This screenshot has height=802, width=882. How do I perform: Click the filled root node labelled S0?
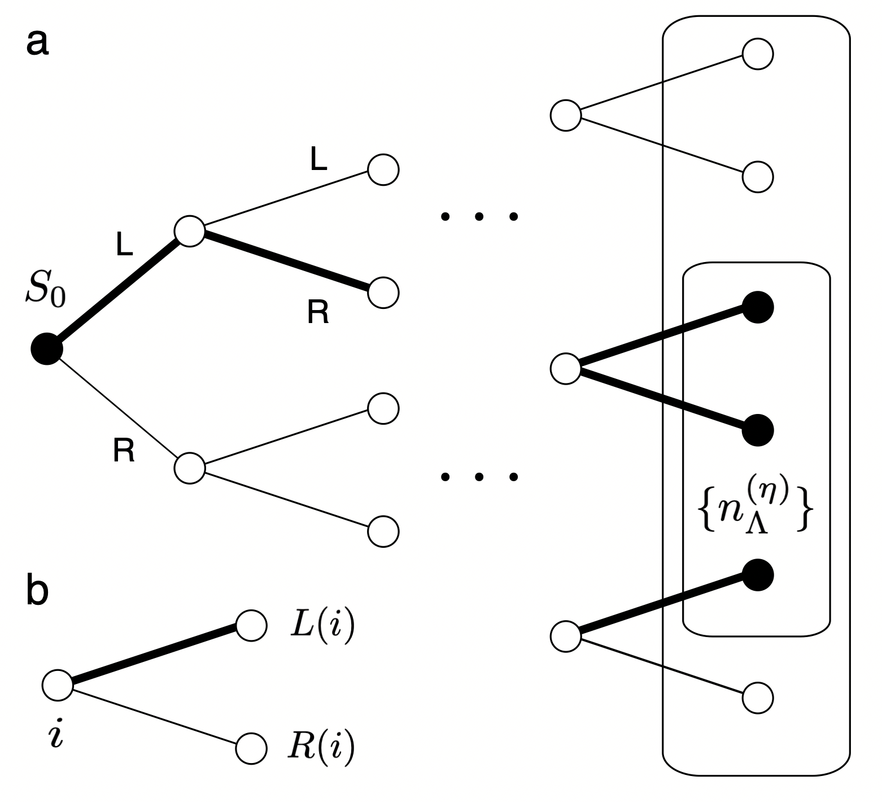pyautogui.click(x=46, y=350)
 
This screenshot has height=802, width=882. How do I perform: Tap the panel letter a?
pyautogui.click(x=37, y=43)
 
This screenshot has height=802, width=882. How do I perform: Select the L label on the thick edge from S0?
pyautogui.click(x=124, y=245)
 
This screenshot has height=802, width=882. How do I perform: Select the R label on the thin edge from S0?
pyautogui.click(x=124, y=451)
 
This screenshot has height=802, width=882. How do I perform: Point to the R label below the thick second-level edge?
pyautogui.click(x=318, y=312)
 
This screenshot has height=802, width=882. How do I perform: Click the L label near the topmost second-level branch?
pyautogui.click(x=318, y=160)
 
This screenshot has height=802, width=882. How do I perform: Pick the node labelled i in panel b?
pyautogui.click(x=58, y=685)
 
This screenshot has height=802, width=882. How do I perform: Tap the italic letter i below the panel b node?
pyautogui.click(x=56, y=734)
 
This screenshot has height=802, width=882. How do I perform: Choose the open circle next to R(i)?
pyautogui.click(x=251, y=748)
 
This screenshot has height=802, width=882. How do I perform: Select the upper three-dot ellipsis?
pyautogui.click(x=479, y=216)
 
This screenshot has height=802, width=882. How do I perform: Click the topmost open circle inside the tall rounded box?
pyautogui.click(x=757, y=54)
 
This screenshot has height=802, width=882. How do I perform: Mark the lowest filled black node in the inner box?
pyautogui.click(x=757, y=575)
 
